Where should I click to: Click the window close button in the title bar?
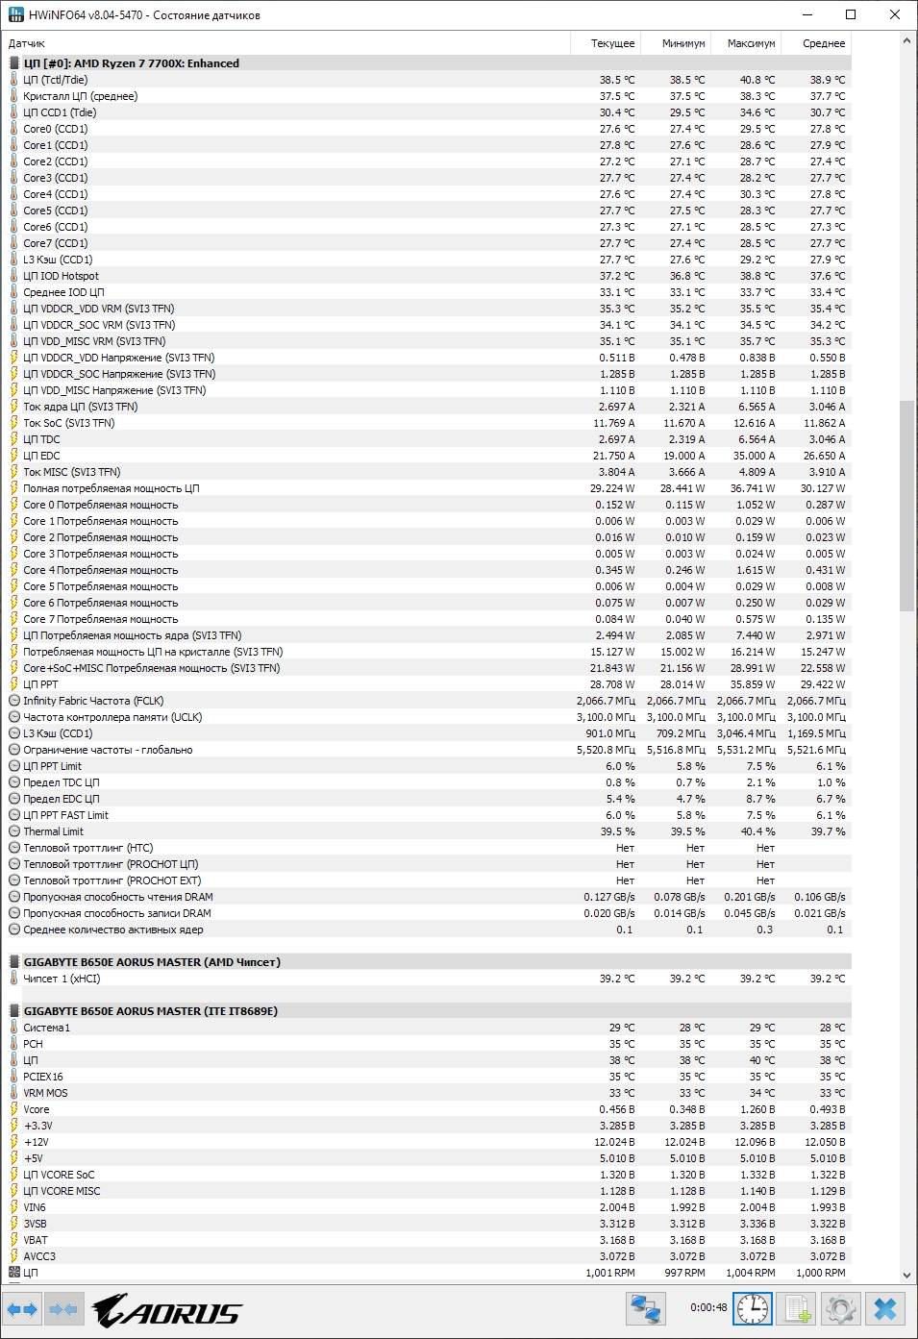[x=895, y=14]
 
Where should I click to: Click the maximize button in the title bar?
[x=851, y=14]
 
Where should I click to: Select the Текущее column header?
[x=612, y=43]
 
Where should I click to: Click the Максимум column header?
[x=751, y=43]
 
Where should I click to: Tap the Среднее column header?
[x=824, y=43]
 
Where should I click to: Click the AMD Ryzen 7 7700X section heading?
[x=131, y=63]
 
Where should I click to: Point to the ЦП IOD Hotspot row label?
[x=61, y=276]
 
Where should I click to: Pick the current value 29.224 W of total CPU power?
[x=612, y=488]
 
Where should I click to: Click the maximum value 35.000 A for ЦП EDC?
[x=754, y=456]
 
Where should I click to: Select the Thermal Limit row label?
[x=53, y=831]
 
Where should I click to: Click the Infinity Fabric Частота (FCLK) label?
[x=93, y=701]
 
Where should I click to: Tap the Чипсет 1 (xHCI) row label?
[x=62, y=979]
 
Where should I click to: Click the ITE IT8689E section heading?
[x=150, y=1011]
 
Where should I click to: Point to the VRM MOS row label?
[x=45, y=1093]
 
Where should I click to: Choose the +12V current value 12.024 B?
[x=614, y=1142]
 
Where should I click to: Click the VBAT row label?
[x=36, y=1240]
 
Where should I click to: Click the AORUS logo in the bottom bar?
[x=167, y=1310]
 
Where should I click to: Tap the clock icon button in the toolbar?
[x=752, y=1309]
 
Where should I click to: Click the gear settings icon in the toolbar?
[x=841, y=1309]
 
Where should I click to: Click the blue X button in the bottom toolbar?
[x=885, y=1309]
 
